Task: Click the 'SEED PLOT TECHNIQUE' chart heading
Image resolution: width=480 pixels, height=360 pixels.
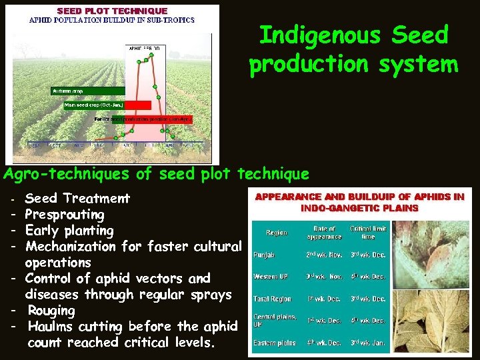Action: coord(112,11)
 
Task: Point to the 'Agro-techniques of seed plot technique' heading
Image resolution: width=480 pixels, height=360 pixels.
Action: coord(157,175)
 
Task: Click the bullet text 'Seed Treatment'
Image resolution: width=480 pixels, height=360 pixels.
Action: coord(77,198)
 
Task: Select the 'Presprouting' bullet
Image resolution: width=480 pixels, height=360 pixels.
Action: coord(65,215)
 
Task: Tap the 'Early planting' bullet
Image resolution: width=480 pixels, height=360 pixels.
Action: coord(69,231)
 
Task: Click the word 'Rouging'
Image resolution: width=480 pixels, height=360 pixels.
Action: coord(51,311)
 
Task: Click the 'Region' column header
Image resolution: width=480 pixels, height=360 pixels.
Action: coord(277,233)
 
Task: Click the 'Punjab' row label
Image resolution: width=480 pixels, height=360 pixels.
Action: coord(265,255)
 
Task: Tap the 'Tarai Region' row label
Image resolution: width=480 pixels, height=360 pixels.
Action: coord(272,299)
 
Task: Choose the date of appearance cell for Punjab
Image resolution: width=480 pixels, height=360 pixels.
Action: coord(325,255)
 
